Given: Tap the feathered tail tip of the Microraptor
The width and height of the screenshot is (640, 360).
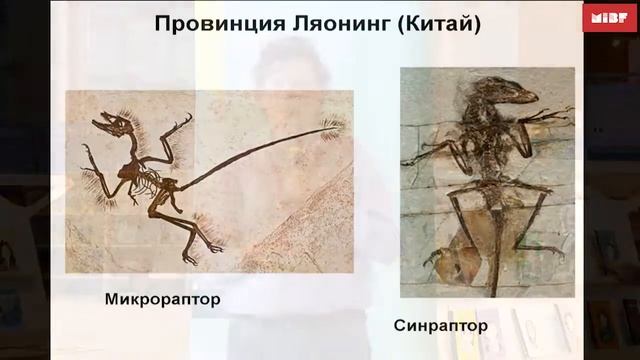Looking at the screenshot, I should pos(331,127).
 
